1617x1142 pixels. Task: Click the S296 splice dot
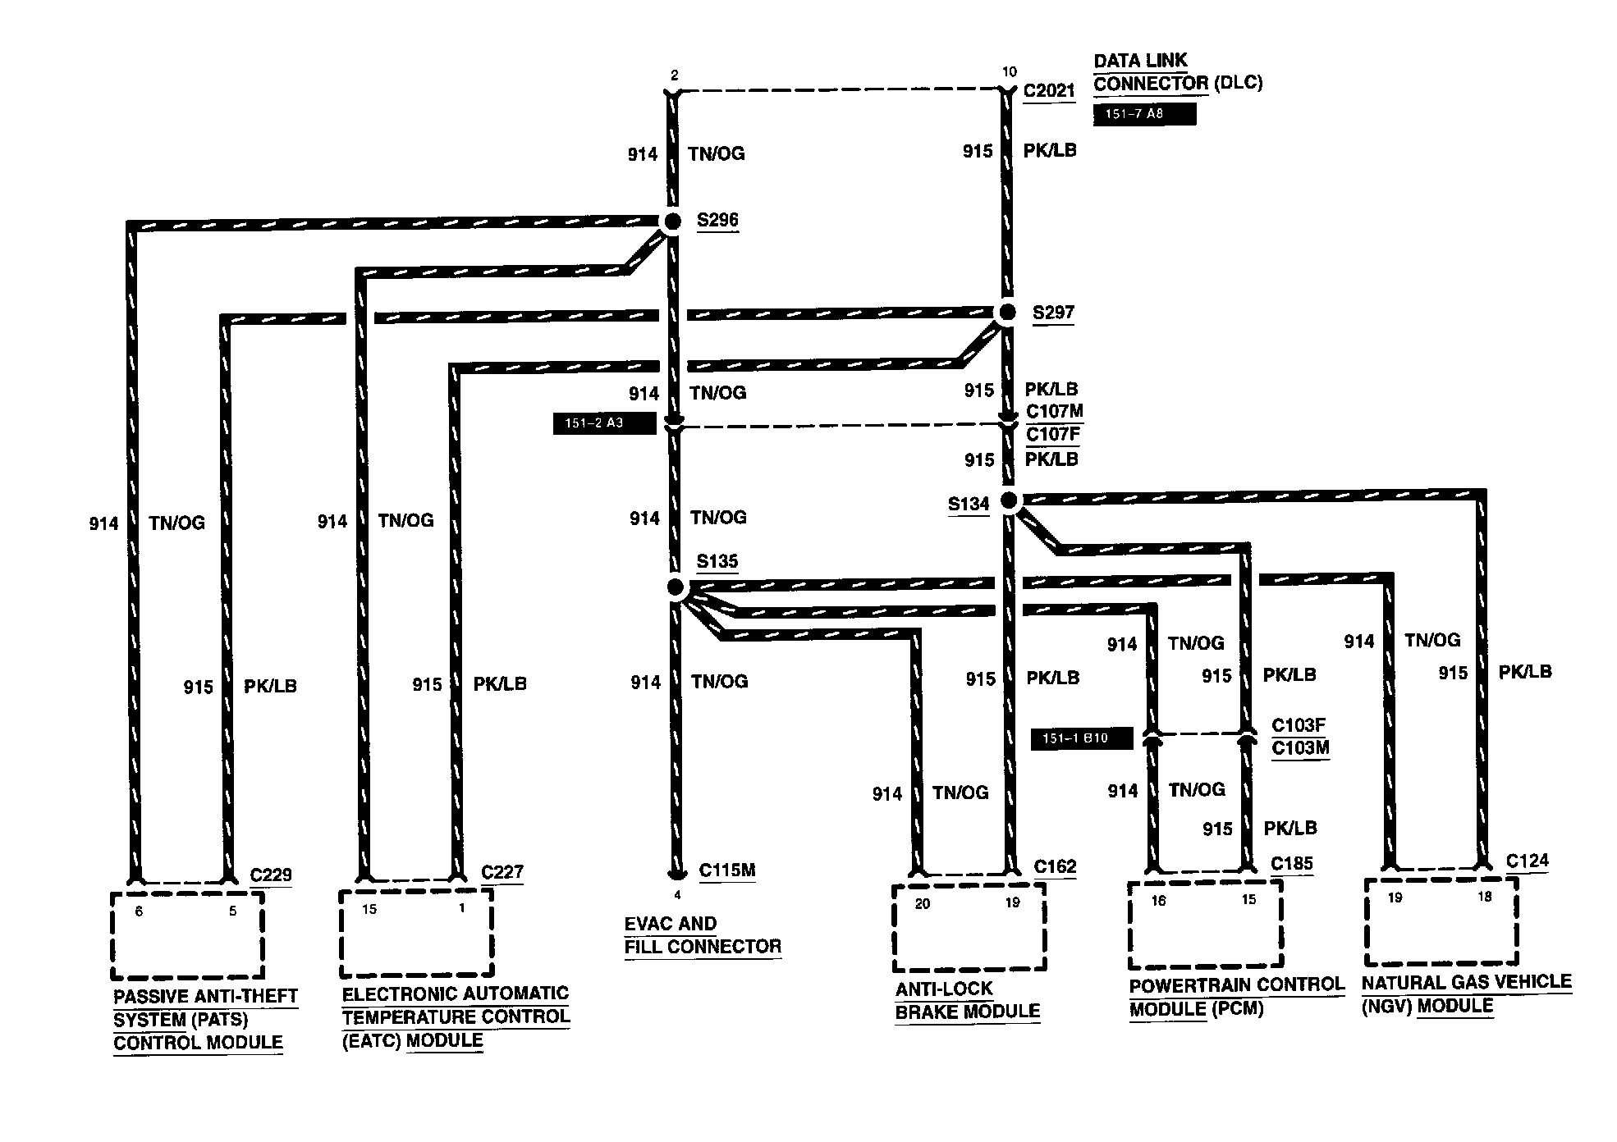[x=672, y=221]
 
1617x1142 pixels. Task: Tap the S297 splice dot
[x=1005, y=313]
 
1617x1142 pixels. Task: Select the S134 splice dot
[x=1010, y=500]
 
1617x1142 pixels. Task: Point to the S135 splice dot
[x=676, y=587]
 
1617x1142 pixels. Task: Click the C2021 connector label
[x=1049, y=90]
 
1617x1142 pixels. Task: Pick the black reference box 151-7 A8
[x=1144, y=115]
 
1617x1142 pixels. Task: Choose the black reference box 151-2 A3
[x=605, y=424]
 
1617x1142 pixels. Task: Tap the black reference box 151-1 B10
[x=1082, y=738]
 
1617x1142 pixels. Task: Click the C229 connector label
[x=271, y=875]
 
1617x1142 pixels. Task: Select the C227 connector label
[x=502, y=872]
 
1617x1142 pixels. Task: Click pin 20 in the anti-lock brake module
[x=922, y=903]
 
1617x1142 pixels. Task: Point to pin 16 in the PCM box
[x=1158, y=901]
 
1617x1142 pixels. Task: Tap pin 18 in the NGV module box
[x=1484, y=897]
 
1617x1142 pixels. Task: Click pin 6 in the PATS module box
[x=139, y=911]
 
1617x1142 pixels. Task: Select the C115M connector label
[x=727, y=870]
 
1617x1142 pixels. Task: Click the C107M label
[x=1055, y=411]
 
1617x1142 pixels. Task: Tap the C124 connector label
[x=1528, y=861]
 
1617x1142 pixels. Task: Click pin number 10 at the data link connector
[x=1009, y=72]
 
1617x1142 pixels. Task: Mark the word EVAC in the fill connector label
[x=648, y=924]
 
